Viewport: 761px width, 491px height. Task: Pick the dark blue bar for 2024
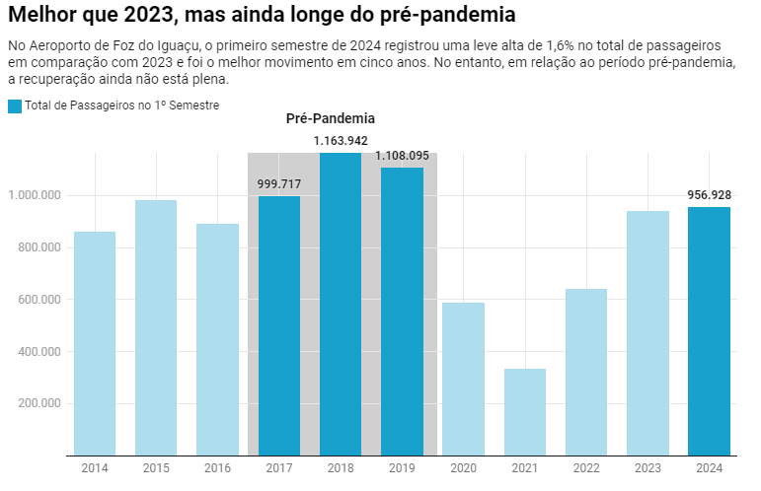click(x=710, y=331)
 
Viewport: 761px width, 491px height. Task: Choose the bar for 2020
click(x=463, y=379)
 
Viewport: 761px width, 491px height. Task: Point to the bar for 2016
click(x=217, y=339)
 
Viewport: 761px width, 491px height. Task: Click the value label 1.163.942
click(x=341, y=141)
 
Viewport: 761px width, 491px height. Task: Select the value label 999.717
click(x=279, y=184)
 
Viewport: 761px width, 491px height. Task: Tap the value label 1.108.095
click(x=402, y=156)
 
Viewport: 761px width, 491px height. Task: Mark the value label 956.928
click(x=710, y=195)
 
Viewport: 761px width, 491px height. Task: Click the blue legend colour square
click(x=14, y=105)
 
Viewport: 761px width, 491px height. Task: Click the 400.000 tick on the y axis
click(x=36, y=351)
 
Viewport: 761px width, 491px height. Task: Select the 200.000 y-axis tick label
click(x=36, y=403)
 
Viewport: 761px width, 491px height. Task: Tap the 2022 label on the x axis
click(x=586, y=467)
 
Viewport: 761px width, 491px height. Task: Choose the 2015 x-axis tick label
click(x=156, y=467)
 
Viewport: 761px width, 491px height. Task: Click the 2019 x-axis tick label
click(x=402, y=467)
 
